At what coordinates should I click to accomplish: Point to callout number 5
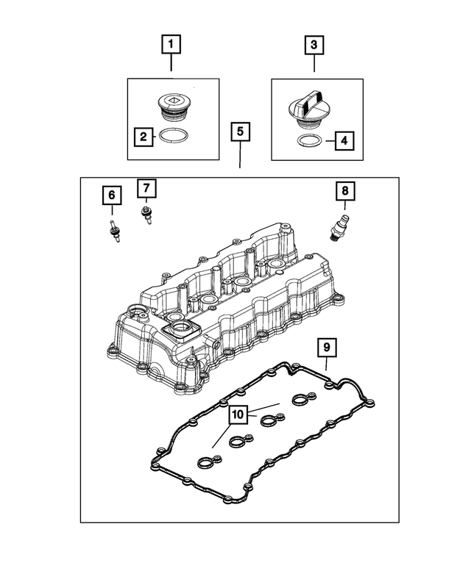pos(241,132)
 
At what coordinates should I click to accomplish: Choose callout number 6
pos(112,195)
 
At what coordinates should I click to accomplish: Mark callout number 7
pos(146,188)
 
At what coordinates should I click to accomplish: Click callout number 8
pos(344,191)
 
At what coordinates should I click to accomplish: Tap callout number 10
pos(237,416)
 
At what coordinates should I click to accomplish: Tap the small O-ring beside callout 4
pos(310,139)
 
